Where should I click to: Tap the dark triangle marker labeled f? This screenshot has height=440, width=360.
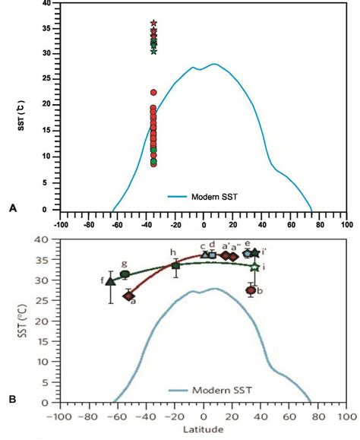110,281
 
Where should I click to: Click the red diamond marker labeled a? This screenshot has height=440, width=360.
128,296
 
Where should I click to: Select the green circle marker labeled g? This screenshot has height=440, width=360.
125,274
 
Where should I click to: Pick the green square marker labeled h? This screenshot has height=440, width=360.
176,264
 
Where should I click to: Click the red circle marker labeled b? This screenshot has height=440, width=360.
251,290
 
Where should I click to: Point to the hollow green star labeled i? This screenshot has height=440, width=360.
255,267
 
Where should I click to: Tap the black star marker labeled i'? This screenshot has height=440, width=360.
255,252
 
